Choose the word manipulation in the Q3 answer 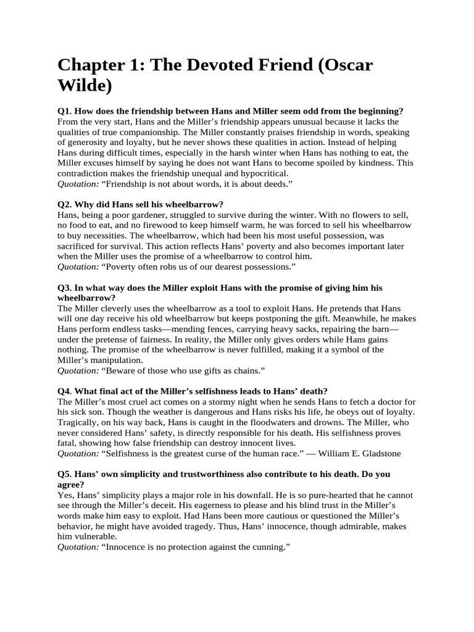(117, 360)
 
